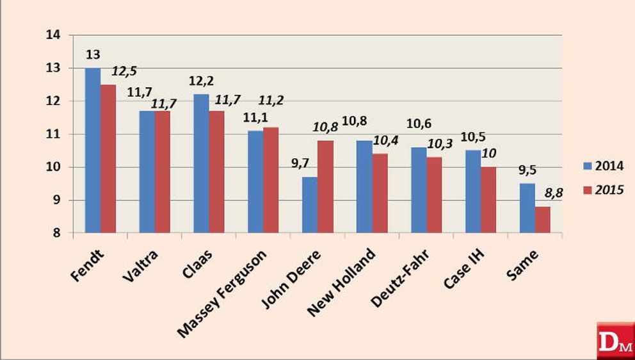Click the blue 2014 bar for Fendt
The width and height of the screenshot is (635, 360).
pos(92,151)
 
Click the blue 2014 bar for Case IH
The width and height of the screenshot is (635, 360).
pos(472,192)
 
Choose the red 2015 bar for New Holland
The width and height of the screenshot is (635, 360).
pos(380,193)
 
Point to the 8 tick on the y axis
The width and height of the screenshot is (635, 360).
pos(57,233)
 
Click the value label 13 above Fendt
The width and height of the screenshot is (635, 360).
pos(92,55)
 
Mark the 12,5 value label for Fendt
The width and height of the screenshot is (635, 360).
pos(124,70)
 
